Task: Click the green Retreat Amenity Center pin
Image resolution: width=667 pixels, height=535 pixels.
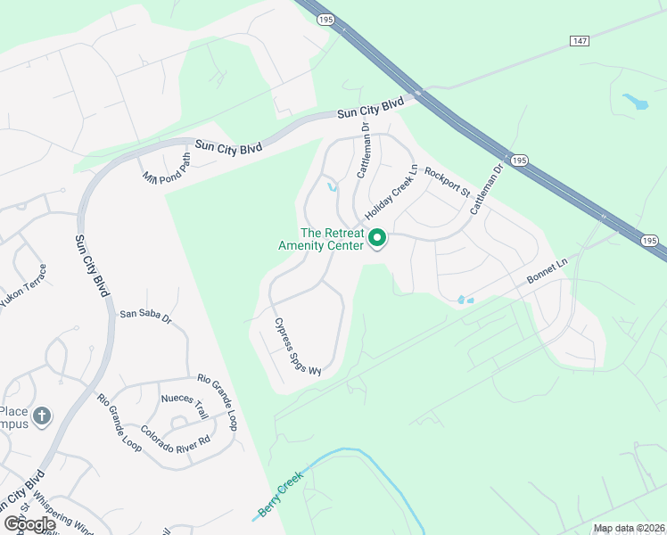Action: (376, 239)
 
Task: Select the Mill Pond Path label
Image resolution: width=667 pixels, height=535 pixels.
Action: (167, 169)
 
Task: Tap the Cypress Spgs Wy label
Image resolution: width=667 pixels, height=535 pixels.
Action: (297, 347)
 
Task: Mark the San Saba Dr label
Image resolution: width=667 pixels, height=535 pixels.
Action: (145, 313)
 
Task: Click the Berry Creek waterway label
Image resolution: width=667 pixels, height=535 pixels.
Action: (281, 493)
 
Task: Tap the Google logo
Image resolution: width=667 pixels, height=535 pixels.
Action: (29, 524)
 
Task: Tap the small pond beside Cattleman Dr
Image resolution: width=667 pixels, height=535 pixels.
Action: (332, 187)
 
